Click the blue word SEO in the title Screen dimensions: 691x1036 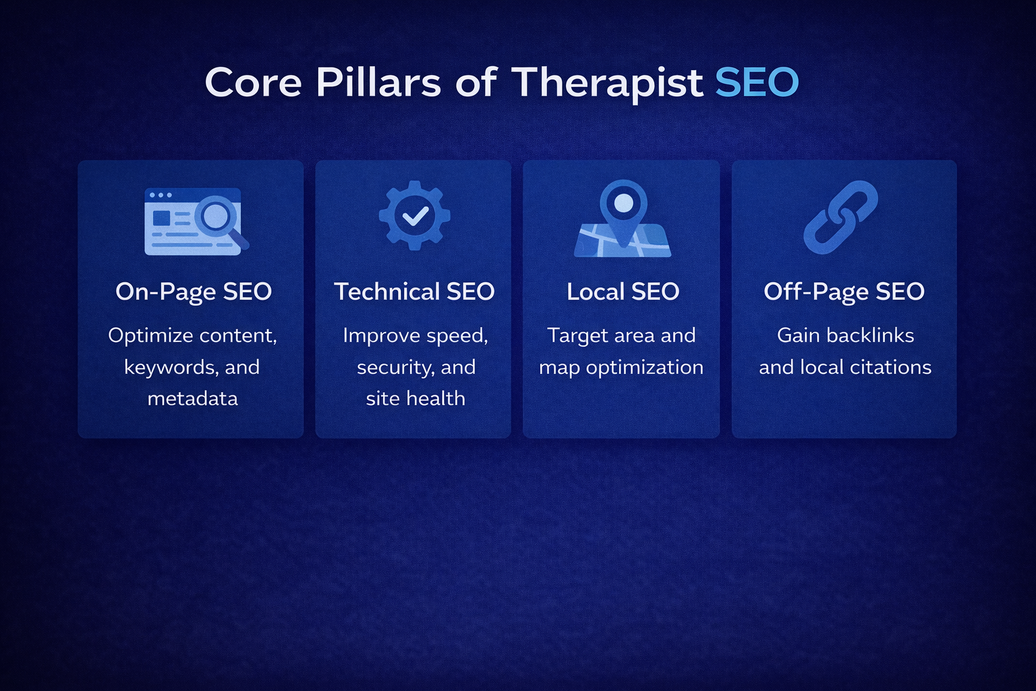click(x=757, y=83)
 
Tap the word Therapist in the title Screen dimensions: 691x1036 click(x=607, y=83)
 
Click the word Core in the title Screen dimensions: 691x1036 click(x=253, y=83)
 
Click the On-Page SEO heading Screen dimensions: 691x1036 click(x=194, y=292)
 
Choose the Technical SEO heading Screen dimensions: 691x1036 click(x=414, y=292)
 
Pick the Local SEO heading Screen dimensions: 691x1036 click(x=623, y=292)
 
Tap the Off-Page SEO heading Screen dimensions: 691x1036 click(x=844, y=292)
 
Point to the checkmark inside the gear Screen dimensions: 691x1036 click(x=414, y=216)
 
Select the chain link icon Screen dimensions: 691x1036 click(x=840, y=217)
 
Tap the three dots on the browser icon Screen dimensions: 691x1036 click(x=161, y=195)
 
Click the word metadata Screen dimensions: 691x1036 click(x=192, y=399)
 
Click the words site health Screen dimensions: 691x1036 click(x=415, y=399)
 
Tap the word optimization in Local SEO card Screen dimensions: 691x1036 click(x=644, y=367)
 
